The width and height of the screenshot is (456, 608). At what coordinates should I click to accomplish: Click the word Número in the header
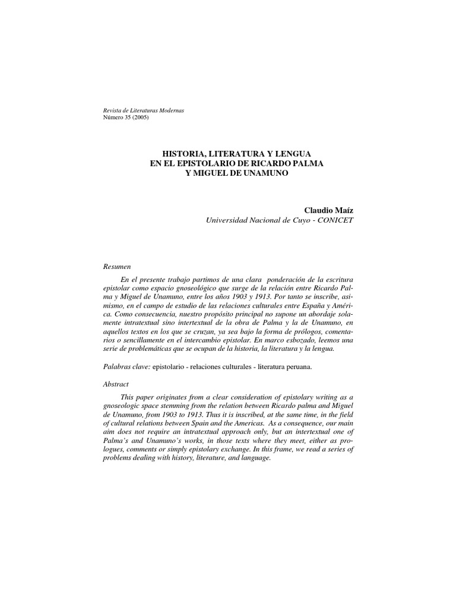(115, 117)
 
